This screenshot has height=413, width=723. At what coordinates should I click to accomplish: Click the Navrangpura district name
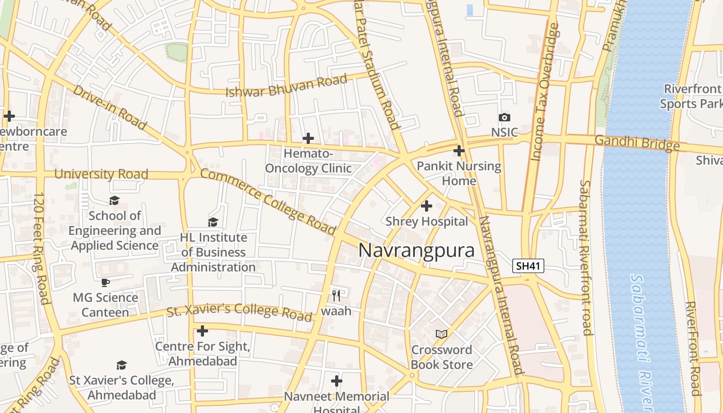click(416, 250)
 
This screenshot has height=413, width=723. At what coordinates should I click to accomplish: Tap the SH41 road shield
click(528, 266)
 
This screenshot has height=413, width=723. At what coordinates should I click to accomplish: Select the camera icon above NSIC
click(505, 118)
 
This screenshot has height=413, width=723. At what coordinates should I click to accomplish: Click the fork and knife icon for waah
click(336, 295)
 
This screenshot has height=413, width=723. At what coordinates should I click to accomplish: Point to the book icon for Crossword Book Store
click(441, 334)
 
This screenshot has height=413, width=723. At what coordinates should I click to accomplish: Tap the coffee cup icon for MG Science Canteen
click(105, 282)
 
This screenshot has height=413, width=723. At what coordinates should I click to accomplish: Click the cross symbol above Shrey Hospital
click(427, 206)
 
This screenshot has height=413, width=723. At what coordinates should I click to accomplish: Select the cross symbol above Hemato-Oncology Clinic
click(308, 138)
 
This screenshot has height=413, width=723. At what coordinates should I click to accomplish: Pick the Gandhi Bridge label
click(637, 142)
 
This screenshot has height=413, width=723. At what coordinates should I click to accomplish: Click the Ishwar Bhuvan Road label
click(286, 86)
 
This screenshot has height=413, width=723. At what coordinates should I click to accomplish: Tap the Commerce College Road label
click(268, 201)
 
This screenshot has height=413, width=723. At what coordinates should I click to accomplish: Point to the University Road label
click(101, 174)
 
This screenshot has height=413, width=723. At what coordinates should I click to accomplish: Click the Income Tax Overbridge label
click(546, 92)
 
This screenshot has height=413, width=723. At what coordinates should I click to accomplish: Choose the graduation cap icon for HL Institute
click(213, 222)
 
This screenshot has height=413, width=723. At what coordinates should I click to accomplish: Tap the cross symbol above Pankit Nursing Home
click(459, 151)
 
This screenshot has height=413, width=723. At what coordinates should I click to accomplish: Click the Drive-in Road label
click(109, 107)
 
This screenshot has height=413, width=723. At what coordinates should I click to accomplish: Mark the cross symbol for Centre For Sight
click(202, 330)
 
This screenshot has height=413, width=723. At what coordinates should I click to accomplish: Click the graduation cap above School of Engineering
click(114, 200)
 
